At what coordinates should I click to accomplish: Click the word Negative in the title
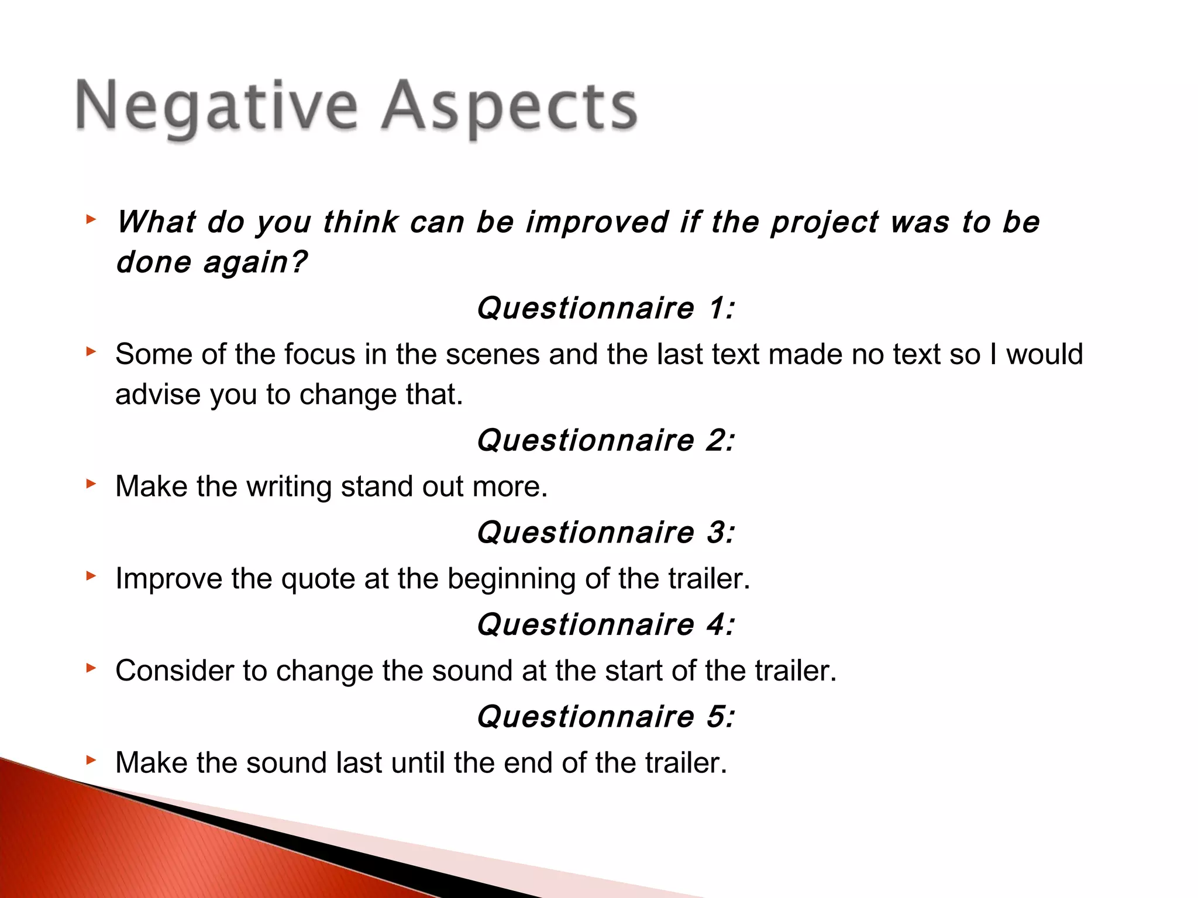tap(216, 107)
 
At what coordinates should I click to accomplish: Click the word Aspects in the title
tap(509, 107)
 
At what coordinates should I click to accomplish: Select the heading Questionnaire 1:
tap(605, 308)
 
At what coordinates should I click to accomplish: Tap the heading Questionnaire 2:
tap(605, 440)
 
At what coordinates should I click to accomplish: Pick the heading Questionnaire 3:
tap(605, 533)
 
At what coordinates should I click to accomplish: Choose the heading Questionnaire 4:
tap(605, 624)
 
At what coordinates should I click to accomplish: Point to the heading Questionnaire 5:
tap(605, 717)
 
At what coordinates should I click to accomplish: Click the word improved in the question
tap(597, 223)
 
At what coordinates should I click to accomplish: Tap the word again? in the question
tap(254, 263)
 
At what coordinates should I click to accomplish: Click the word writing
tap(289, 487)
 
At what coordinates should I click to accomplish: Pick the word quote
tap(318, 579)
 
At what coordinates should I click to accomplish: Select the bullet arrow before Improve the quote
tap(90, 576)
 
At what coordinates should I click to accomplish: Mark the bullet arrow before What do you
tap(90, 220)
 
